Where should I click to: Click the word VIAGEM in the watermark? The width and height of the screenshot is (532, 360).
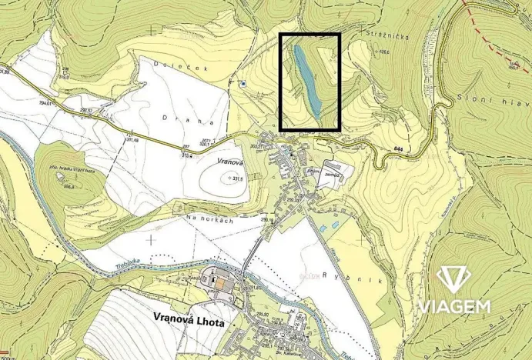point(453,306)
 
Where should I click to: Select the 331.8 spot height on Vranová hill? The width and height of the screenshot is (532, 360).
point(236,178)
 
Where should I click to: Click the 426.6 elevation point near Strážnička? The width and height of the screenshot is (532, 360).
point(383,53)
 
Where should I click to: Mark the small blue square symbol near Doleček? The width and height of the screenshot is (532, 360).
point(243,83)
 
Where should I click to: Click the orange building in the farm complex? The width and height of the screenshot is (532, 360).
point(222,285)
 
